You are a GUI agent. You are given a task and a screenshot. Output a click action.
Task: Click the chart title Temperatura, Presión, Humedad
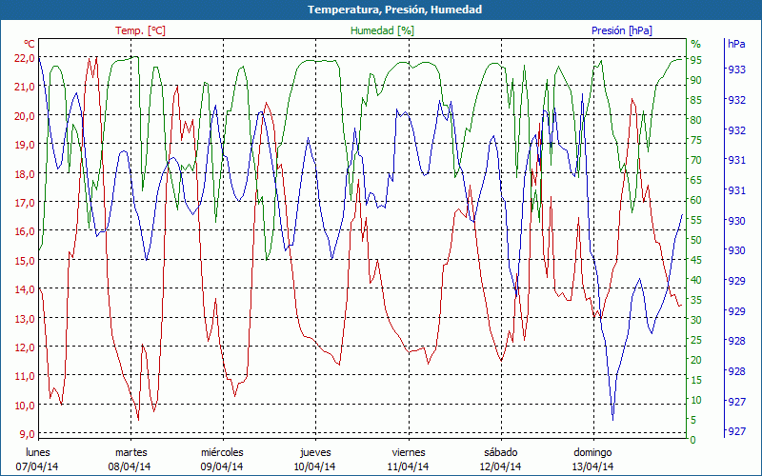(381, 10)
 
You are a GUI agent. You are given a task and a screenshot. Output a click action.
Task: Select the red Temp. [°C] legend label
(140, 30)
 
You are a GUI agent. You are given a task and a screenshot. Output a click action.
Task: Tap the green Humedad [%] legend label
(383, 30)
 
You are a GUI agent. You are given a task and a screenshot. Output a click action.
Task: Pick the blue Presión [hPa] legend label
(622, 30)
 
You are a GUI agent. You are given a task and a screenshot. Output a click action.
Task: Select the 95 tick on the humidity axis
(696, 59)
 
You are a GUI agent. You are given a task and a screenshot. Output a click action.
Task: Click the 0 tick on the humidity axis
(692, 440)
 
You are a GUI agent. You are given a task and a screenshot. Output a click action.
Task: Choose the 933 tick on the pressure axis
(735, 69)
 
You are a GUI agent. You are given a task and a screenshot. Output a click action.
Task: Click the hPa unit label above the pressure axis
(736, 44)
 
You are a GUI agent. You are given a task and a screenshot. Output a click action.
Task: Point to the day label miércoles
(222, 452)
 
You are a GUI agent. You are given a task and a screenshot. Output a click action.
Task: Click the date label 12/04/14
(500, 466)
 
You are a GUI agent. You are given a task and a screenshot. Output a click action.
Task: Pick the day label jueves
(315, 452)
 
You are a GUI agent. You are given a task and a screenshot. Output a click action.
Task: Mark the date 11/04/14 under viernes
(408, 466)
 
